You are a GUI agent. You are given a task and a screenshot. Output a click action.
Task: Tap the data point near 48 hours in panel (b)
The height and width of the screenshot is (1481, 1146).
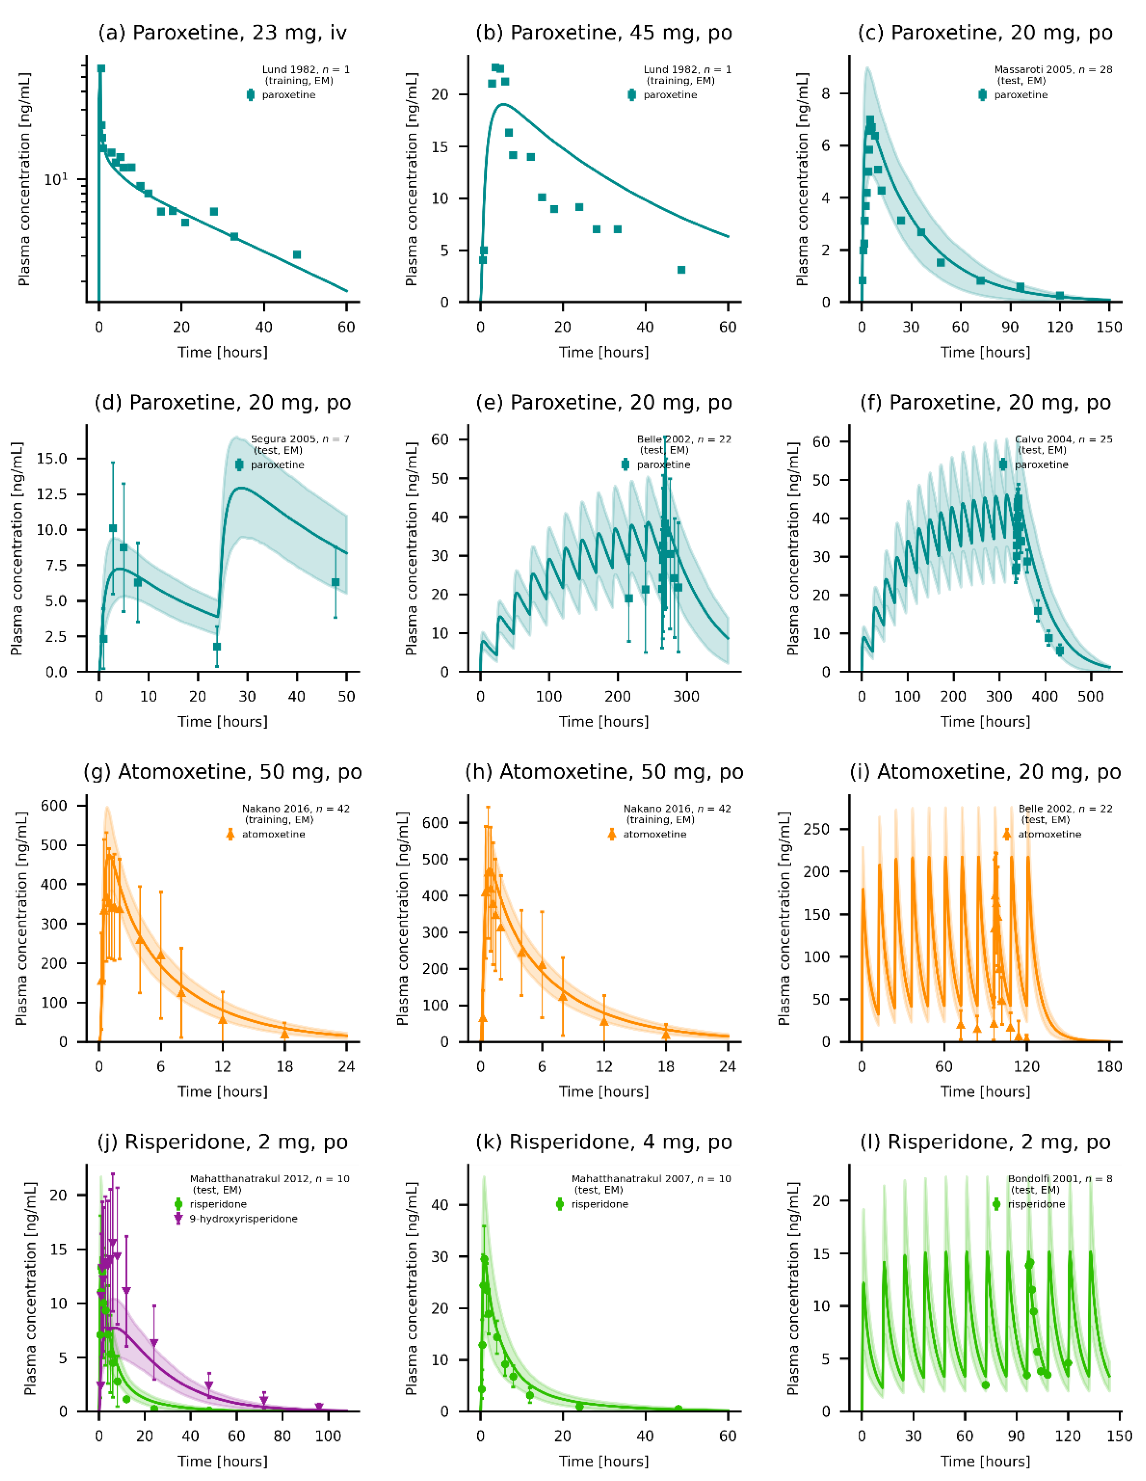[x=681, y=270]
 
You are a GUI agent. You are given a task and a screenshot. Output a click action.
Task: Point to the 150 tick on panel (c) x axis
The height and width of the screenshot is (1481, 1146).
[x=1109, y=327]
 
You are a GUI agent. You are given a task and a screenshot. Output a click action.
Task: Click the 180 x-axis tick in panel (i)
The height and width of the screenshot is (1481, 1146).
[x=1109, y=1067]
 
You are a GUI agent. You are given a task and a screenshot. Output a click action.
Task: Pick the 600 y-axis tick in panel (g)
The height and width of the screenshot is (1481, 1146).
[x=54, y=806]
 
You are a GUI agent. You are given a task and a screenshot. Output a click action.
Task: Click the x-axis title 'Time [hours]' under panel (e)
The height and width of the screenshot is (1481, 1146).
[x=603, y=722]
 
